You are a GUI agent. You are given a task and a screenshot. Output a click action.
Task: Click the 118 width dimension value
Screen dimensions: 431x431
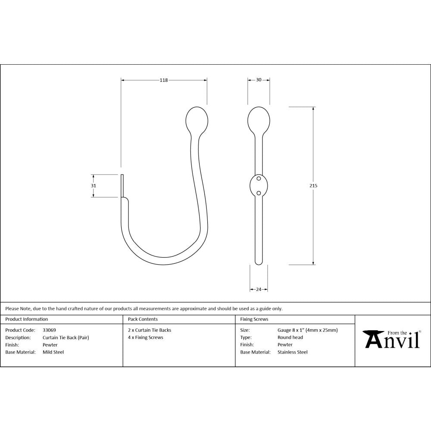point(164,80)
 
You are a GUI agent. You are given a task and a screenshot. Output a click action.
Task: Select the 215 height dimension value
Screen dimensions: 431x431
point(313,185)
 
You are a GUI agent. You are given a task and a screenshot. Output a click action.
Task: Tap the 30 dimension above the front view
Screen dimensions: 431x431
point(259,80)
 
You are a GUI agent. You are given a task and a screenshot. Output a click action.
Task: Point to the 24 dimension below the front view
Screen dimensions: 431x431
point(259,289)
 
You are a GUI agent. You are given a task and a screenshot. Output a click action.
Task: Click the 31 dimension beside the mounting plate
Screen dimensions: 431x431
point(94,186)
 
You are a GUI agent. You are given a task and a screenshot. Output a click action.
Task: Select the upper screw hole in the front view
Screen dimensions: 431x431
point(259,178)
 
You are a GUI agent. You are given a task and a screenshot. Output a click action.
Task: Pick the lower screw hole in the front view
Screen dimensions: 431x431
point(259,193)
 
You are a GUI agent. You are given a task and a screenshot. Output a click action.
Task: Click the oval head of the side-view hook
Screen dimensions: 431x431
point(197,119)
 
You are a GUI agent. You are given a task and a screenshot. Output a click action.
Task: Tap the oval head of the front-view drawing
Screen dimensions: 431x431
point(259,119)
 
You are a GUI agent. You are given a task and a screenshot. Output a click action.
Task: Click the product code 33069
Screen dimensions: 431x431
point(49,330)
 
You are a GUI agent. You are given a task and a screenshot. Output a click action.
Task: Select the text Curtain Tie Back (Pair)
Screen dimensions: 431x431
point(66,337)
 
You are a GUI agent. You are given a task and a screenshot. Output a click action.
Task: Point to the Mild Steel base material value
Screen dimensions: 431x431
point(53,352)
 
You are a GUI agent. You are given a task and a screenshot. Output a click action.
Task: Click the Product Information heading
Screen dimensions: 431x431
point(27,319)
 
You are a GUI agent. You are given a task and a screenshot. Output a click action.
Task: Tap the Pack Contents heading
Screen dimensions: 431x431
point(143,319)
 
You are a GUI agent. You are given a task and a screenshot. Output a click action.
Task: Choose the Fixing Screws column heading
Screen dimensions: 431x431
point(254,319)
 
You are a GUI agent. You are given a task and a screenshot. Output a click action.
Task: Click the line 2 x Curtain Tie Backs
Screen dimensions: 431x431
point(150,330)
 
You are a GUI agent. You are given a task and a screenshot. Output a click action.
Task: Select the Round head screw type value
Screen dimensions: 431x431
point(290,337)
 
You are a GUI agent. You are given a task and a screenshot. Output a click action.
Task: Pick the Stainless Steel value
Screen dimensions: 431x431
point(293,352)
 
